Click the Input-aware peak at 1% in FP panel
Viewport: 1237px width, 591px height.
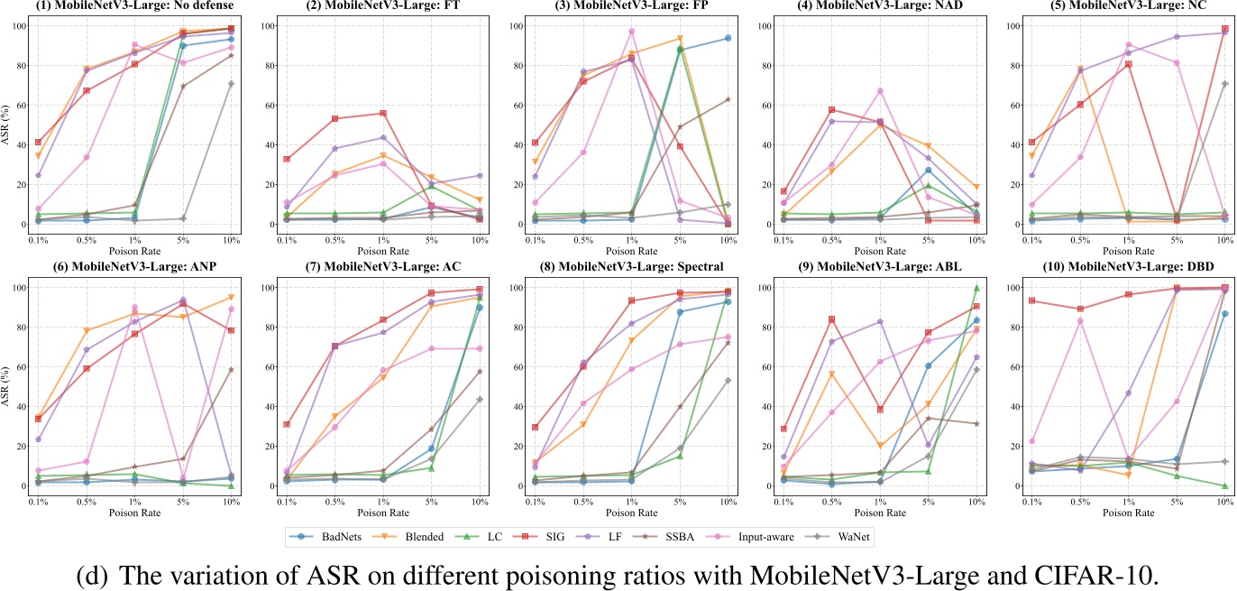click(631, 32)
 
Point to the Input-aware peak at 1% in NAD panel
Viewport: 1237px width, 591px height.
click(879, 90)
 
